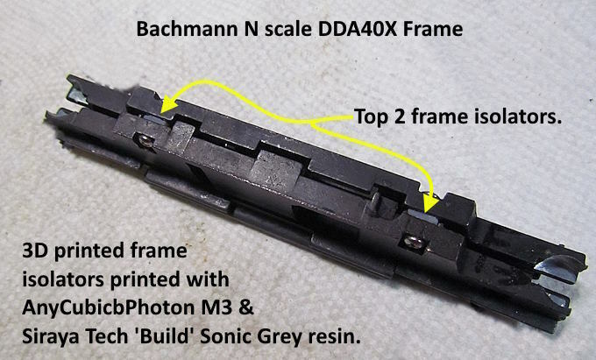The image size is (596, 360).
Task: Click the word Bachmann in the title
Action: [186, 29]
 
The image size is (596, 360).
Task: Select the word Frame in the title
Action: [433, 29]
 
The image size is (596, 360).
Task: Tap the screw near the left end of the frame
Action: [145, 141]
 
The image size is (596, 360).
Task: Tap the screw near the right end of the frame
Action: [413, 242]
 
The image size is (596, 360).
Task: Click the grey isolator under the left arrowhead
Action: [158, 119]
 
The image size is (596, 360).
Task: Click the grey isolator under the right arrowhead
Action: [422, 216]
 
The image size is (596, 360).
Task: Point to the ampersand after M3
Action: [246, 307]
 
